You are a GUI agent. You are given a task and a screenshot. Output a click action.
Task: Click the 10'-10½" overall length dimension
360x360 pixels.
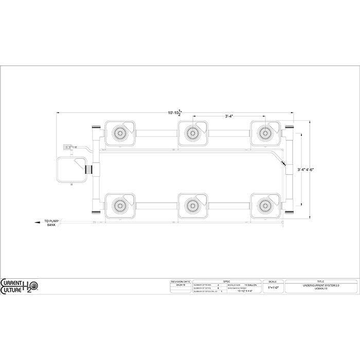point(175,113)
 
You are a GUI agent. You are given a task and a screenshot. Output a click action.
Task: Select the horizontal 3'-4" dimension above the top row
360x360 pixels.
point(229,116)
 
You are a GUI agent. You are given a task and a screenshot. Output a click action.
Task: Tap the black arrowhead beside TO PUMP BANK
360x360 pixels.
point(35,222)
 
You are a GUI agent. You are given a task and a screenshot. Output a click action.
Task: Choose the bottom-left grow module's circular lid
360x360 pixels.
point(120,204)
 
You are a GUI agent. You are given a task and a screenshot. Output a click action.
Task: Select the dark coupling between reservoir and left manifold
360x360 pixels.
point(89,169)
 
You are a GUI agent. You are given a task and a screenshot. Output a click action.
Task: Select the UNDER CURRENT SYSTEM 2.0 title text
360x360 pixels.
point(320,284)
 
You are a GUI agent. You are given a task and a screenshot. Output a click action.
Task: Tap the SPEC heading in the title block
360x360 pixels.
point(226,281)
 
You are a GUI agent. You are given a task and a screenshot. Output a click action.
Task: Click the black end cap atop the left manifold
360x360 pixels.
point(96,127)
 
